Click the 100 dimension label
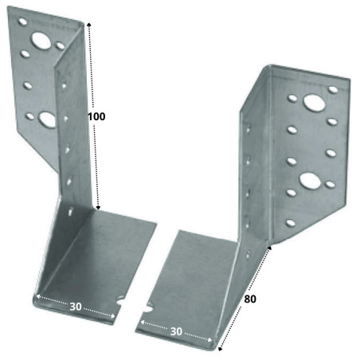pyautogui.click(x=96, y=115)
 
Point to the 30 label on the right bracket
pyautogui.click(x=176, y=330)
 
